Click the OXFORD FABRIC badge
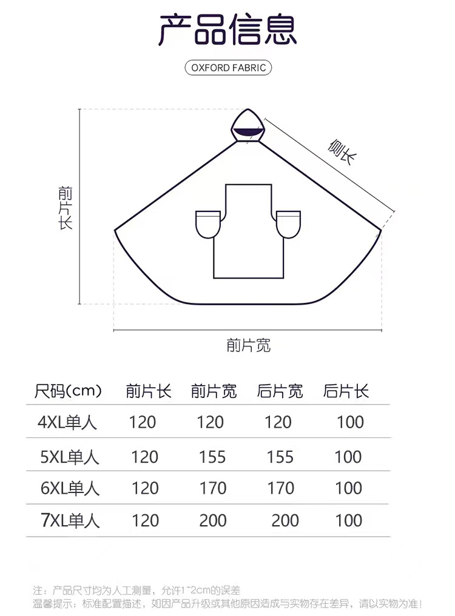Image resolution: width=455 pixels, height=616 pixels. click(228, 68)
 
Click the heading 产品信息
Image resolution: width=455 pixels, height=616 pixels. click(227, 30)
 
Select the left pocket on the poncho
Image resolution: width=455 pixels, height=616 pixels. click(207, 224)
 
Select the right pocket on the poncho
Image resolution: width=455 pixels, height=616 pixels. click(288, 224)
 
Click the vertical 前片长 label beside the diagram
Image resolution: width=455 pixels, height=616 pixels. click(66, 208)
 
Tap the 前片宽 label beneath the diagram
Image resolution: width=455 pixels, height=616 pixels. click(249, 346)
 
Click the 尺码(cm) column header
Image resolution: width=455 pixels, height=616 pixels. click(68, 391)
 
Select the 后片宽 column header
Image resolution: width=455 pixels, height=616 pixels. click(280, 391)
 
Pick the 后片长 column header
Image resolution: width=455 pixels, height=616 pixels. click(346, 391)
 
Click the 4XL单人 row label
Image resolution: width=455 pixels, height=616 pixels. click(67, 422)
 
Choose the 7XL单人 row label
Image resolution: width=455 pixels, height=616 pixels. click(70, 520)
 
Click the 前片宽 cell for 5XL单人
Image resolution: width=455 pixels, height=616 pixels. click(212, 457)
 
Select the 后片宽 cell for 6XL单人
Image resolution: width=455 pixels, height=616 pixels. click(280, 488)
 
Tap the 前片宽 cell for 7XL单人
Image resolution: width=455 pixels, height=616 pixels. click(212, 520)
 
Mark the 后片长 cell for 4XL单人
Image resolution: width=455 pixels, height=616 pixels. click(350, 422)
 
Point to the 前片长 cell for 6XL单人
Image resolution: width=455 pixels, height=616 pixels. click(145, 488)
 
